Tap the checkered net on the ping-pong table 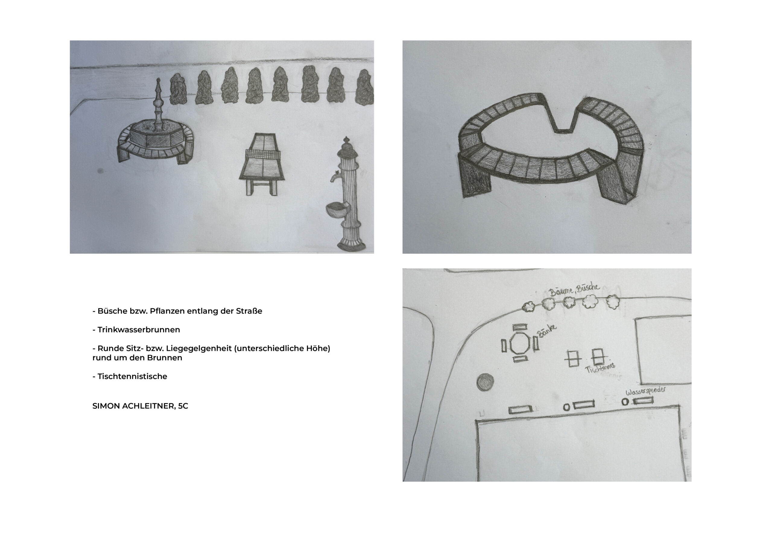click(x=264, y=154)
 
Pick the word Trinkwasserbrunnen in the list click(x=139, y=330)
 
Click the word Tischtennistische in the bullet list click(x=132, y=376)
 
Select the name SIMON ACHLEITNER click(x=134, y=406)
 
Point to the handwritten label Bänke click(x=547, y=330)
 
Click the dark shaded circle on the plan click(x=485, y=383)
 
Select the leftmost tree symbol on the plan click(x=528, y=306)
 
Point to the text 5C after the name click(x=183, y=406)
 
